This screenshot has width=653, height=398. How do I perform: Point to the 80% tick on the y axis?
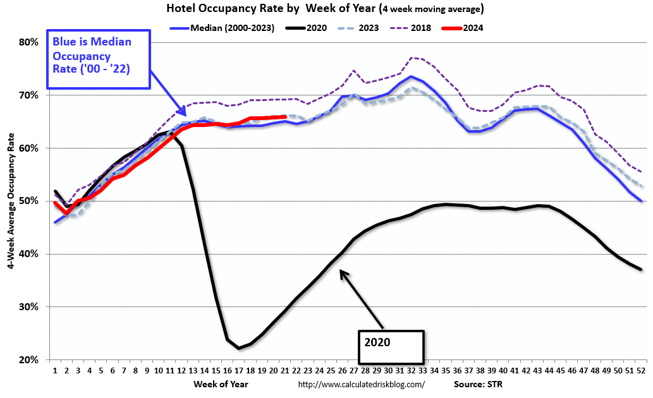29,42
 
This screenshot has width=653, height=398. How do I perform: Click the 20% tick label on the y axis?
29,360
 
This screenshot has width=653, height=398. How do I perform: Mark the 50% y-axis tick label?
29,201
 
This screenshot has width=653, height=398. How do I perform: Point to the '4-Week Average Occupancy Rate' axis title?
11,201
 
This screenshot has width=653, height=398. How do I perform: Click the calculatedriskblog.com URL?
360,384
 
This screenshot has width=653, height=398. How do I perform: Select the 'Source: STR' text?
478,383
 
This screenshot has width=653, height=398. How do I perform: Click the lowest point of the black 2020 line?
239,348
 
